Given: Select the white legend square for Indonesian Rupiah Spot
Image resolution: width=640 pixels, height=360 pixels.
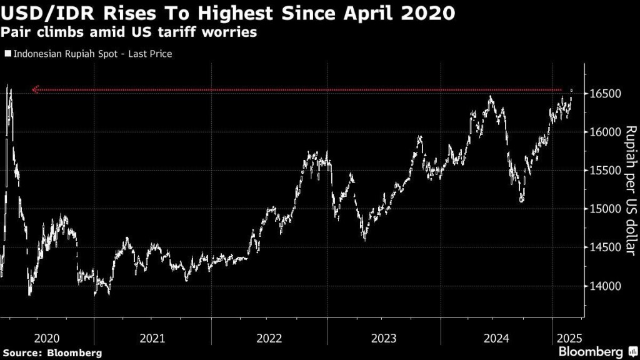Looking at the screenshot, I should coord(7,54).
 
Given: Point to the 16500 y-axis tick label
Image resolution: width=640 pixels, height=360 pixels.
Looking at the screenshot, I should coord(602,94).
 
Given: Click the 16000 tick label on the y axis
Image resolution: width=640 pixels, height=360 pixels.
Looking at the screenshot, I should coord(602,132).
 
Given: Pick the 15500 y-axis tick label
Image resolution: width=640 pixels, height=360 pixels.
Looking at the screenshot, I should coord(602,171).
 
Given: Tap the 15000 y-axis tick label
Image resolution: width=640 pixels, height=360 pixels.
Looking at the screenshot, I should coord(602,209).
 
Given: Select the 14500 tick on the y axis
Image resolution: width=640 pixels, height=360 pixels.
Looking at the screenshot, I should coord(602,248).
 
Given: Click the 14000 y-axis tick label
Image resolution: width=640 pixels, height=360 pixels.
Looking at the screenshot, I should coord(602,286).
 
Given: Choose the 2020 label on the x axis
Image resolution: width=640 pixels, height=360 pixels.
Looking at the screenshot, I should coord(47,338).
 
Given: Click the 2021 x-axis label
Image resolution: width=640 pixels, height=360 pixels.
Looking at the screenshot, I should coord(152,338).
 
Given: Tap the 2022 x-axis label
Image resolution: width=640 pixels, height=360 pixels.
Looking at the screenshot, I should coord(269,338).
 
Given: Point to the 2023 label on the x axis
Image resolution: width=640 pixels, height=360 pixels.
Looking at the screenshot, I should coord(384,338).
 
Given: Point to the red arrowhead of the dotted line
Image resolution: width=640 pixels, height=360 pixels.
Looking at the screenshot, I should coord(36,90).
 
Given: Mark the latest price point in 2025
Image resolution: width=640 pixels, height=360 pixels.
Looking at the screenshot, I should coord(571,91).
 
